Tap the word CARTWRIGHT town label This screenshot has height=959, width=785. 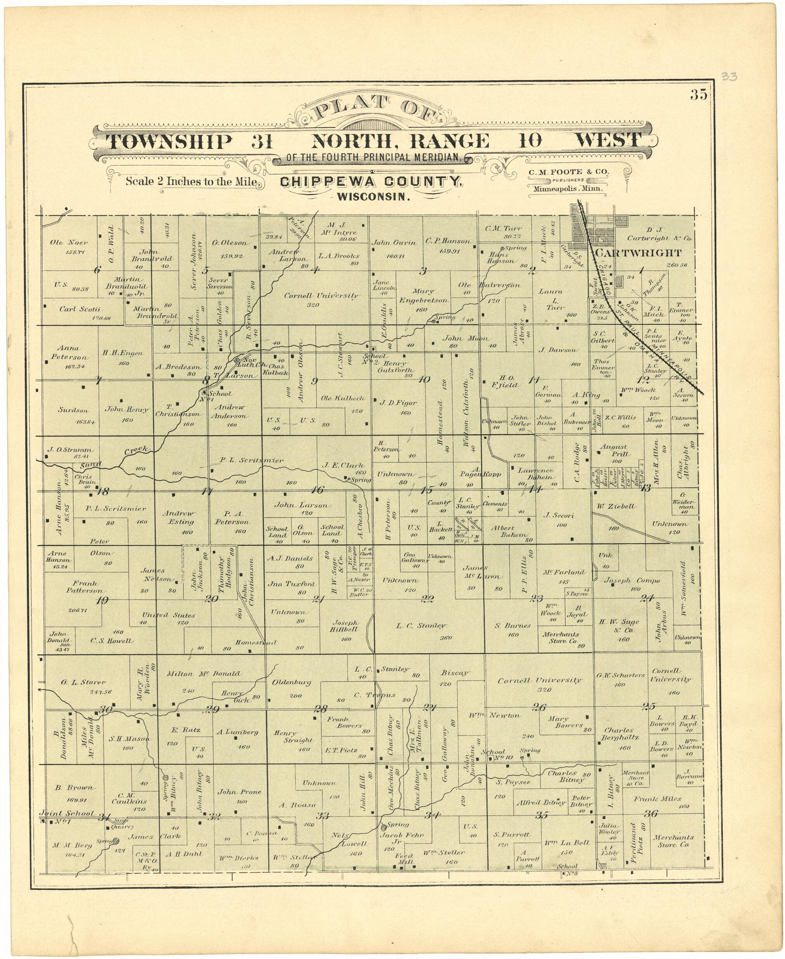pos(637,253)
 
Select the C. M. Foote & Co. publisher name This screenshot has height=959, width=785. pos(568,172)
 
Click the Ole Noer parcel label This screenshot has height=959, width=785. pos(69,243)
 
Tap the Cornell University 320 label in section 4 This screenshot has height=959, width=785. pos(321,296)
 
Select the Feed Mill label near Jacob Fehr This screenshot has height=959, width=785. pos(401,859)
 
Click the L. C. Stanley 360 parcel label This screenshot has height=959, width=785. pos(420,626)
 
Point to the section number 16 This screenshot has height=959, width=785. pos(318,490)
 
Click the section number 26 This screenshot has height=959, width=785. pos(539,707)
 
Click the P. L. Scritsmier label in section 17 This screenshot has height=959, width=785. pos(252,460)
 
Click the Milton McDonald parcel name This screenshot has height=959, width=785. pos(203,674)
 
